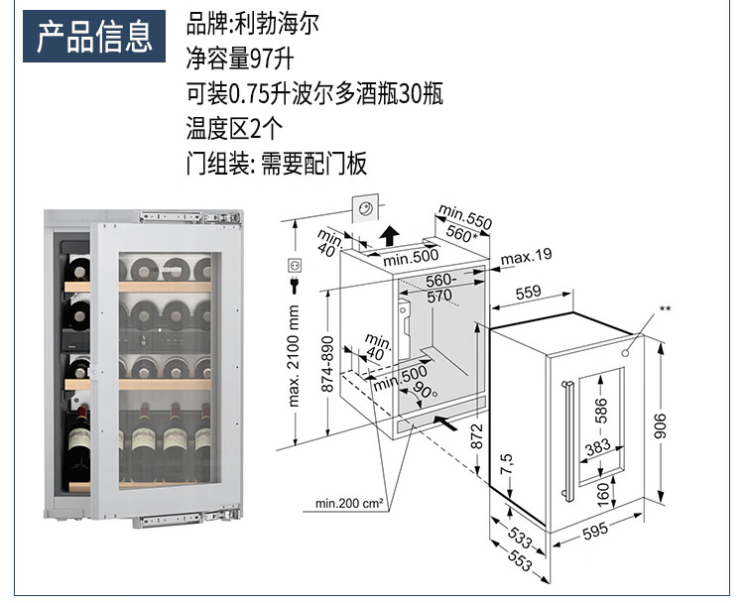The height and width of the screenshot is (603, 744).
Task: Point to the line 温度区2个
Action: [x=234, y=127]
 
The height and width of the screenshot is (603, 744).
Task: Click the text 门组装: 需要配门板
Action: [x=276, y=163]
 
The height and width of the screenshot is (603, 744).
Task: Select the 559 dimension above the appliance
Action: [x=529, y=292]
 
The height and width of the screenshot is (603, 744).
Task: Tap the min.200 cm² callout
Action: [x=349, y=504]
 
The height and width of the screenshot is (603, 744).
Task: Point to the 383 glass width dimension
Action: [x=598, y=448]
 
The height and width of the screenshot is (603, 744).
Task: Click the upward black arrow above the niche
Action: [x=390, y=236]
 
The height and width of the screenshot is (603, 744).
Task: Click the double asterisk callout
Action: [x=666, y=310]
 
